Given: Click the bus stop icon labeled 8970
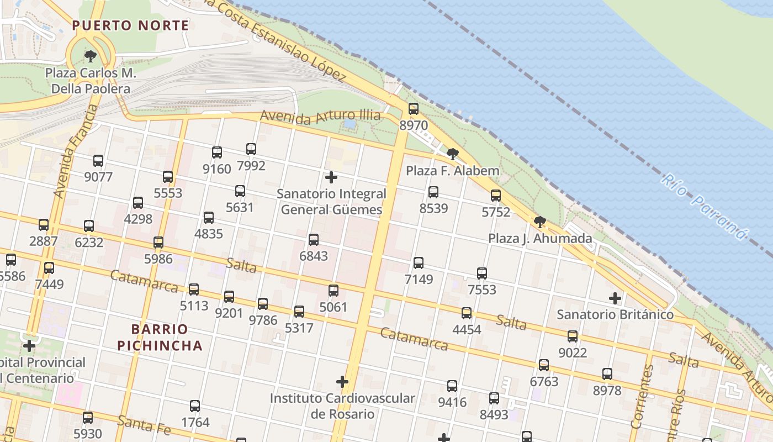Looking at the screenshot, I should pyautogui.click(x=413, y=109).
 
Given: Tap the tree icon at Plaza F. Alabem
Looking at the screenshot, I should pyautogui.click(x=453, y=154).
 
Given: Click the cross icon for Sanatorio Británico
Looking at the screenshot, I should pyautogui.click(x=615, y=298).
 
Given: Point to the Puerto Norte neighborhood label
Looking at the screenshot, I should pyautogui.click(x=130, y=25).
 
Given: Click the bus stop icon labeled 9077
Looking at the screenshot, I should pyautogui.click(x=98, y=161).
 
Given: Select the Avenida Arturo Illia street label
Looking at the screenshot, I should pyautogui.click(x=320, y=116).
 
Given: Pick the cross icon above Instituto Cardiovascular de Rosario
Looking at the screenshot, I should pyautogui.click(x=342, y=382).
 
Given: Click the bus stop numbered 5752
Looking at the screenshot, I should pyautogui.click(x=496, y=195).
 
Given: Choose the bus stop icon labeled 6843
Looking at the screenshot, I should pyautogui.click(x=314, y=240).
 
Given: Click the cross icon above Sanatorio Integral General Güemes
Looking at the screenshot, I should pyautogui.click(x=331, y=177).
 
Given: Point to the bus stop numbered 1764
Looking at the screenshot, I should pyautogui.click(x=195, y=406).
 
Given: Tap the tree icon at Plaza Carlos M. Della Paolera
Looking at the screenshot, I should pyautogui.click(x=91, y=56).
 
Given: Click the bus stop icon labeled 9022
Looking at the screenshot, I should pyautogui.click(x=573, y=336).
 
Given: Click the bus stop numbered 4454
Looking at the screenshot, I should pyautogui.click(x=467, y=313).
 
